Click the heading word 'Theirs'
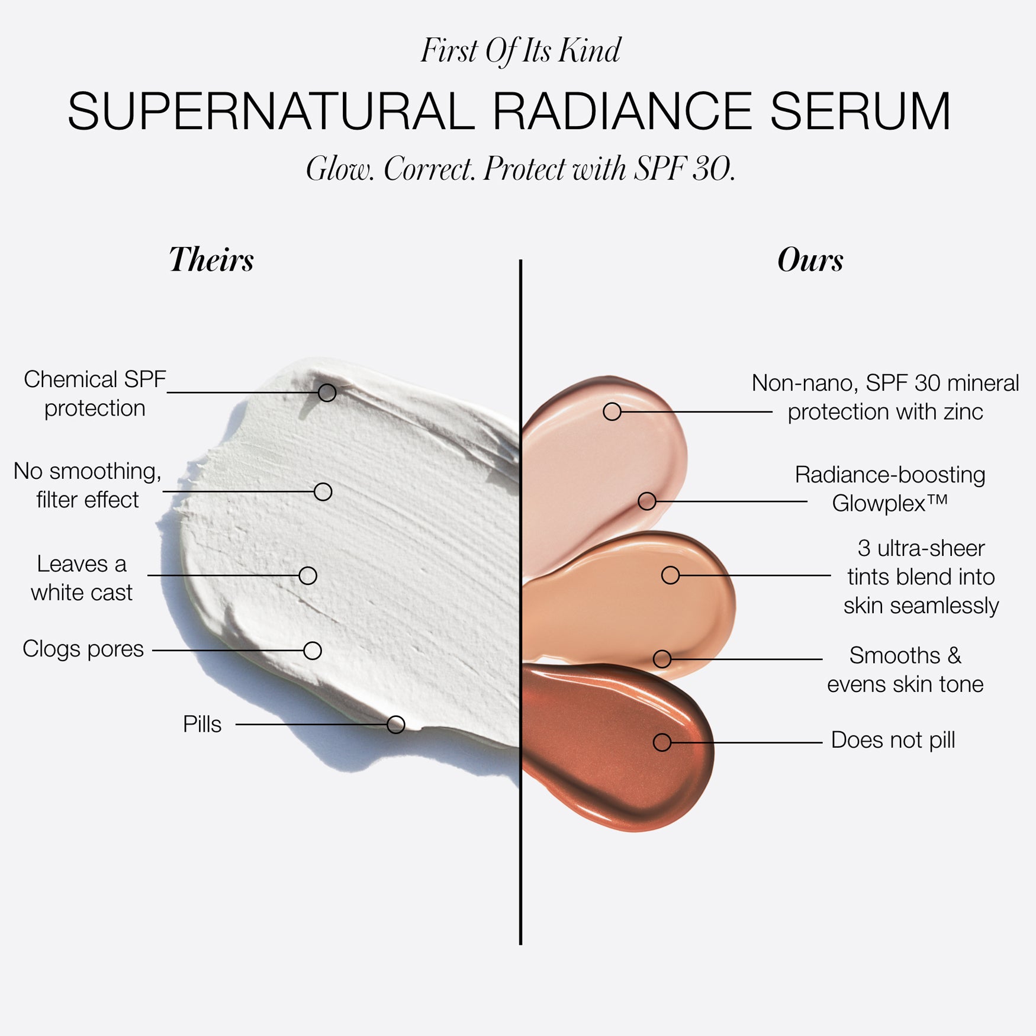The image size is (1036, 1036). click(211, 260)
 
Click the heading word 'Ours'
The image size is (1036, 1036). click(810, 260)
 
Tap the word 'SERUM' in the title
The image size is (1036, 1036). click(860, 111)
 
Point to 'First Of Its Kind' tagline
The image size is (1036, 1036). click(521, 50)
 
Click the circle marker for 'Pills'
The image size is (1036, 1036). click(395, 724)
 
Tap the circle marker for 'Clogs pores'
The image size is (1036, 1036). click(313, 651)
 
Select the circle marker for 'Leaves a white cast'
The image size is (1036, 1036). click(308, 575)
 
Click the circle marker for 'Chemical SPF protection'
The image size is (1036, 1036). click(327, 392)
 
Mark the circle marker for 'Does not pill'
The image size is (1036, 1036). click(662, 742)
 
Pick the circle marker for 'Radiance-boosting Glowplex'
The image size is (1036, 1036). click(647, 501)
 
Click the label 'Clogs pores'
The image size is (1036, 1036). click(83, 649)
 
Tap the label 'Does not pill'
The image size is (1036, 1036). click(893, 740)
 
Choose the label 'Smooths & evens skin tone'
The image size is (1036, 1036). click(905, 670)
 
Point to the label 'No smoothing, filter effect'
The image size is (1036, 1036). click(88, 485)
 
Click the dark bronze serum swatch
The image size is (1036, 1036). click(617, 746)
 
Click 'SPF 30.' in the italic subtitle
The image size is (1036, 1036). click(684, 169)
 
